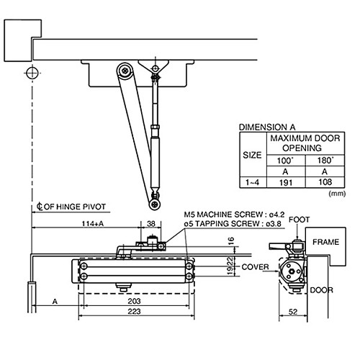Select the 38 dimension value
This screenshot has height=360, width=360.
coord(152,224)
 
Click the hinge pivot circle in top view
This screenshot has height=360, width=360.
coord(32,72)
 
